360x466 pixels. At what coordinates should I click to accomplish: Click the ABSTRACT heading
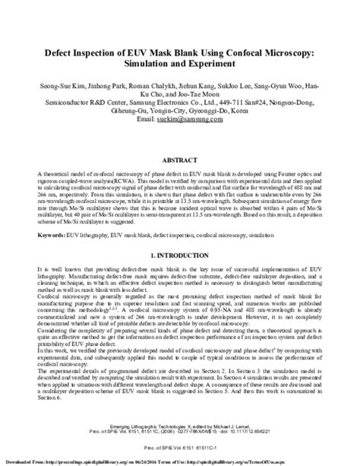coord(180,161)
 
